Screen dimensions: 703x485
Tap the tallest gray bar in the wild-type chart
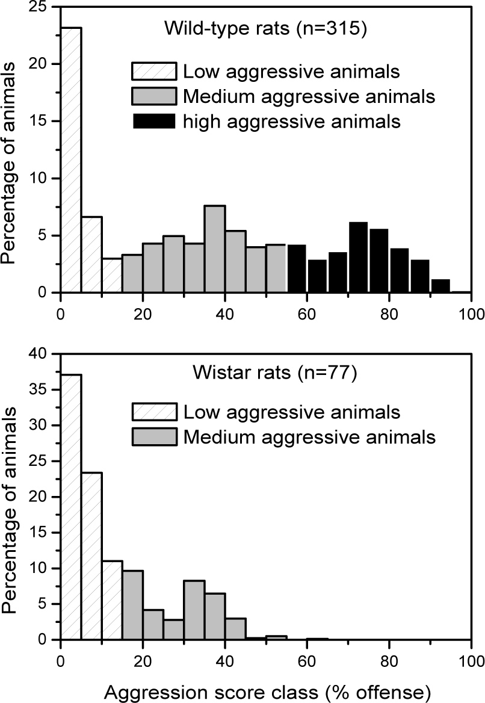[x=215, y=249]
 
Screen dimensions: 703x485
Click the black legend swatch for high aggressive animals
[x=153, y=121]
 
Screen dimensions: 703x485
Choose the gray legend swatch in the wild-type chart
[x=153, y=96]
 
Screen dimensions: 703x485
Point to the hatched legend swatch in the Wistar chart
[x=153, y=412]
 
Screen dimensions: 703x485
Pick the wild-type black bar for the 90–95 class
[x=440, y=286]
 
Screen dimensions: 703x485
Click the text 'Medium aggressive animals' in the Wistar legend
[x=309, y=437]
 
